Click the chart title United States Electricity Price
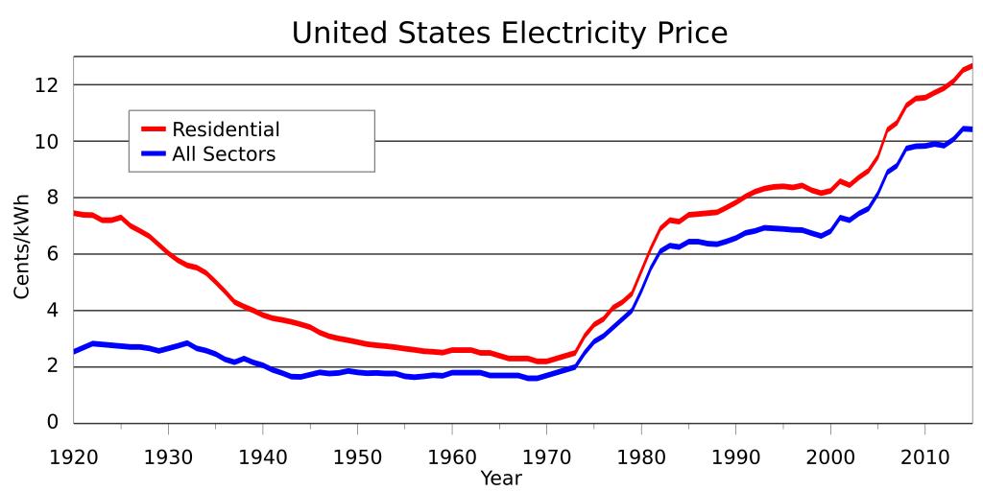tap(510, 34)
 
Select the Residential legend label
tap(226, 129)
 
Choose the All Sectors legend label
tap(223, 154)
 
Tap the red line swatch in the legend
tap(154, 129)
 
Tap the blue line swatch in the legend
tap(154, 154)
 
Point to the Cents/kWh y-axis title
tap(22, 245)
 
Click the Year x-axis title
tap(500, 478)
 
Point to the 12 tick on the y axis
tap(48, 85)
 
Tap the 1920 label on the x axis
tap(74, 455)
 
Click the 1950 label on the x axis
tap(357, 455)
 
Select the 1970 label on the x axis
tap(546, 455)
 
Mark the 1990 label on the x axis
tap(735, 455)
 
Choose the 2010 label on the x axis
tap(924, 455)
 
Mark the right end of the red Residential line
tap(971, 66)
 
